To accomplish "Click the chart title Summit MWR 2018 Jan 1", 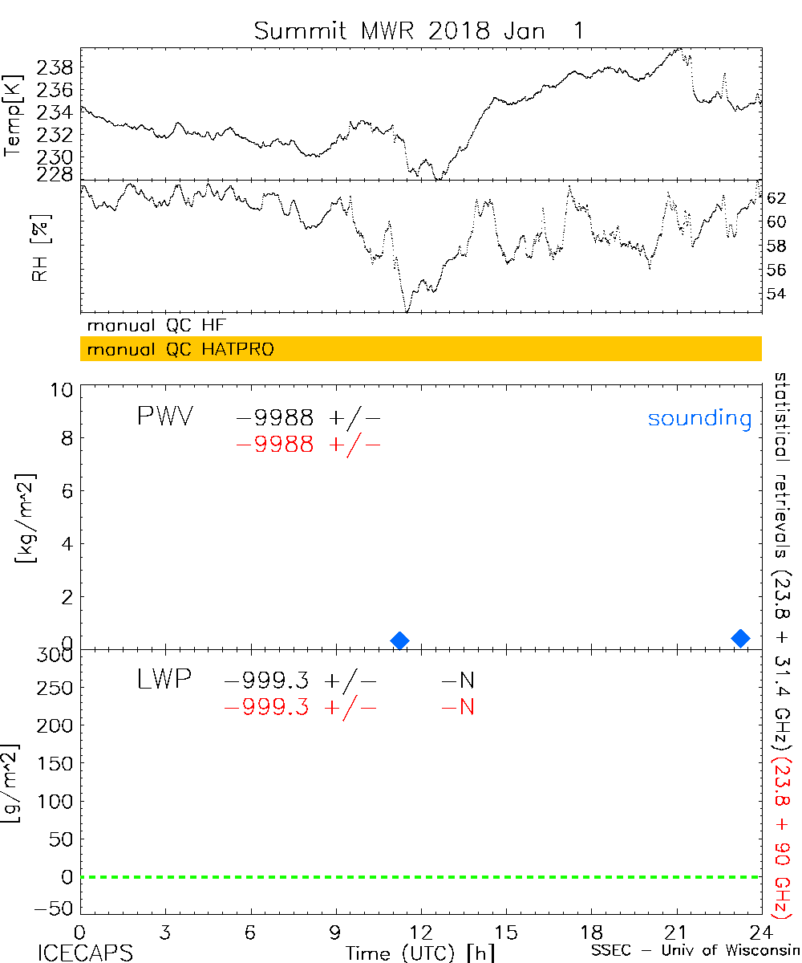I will pyautogui.click(x=419, y=30).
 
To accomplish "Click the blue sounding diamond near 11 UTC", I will pyautogui.click(x=399, y=640).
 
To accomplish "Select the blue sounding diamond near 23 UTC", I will pyautogui.click(x=741, y=638).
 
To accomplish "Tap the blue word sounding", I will pyautogui.click(x=700, y=418).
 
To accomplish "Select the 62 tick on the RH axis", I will pyautogui.click(x=776, y=197).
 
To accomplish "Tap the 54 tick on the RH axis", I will pyautogui.click(x=776, y=294).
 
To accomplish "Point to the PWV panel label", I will pyautogui.click(x=164, y=416).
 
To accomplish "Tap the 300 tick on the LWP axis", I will pyautogui.click(x=56, y=656).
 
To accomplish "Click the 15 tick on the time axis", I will pyautogui.click(x=506, y=933).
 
